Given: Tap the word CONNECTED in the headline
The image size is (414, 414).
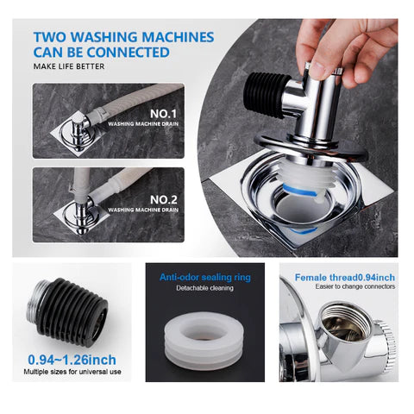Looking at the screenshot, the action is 129,53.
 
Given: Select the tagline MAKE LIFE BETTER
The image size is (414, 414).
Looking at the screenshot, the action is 69,66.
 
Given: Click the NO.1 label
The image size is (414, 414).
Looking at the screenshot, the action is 163,114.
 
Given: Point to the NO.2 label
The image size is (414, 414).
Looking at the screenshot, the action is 164,199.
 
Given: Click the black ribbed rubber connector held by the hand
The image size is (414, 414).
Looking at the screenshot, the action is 266,95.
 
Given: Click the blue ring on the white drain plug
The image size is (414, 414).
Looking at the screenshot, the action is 300,191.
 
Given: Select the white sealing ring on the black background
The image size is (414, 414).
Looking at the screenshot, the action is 204,341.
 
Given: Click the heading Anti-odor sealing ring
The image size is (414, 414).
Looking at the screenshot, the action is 205,278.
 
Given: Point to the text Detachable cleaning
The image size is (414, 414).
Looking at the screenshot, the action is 204,288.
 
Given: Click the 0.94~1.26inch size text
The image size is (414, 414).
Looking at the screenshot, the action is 72,360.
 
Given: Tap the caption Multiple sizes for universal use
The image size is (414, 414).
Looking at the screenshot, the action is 72,372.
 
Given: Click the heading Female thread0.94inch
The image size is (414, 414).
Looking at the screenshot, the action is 345,278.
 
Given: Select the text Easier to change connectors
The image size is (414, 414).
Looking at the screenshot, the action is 355,286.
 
